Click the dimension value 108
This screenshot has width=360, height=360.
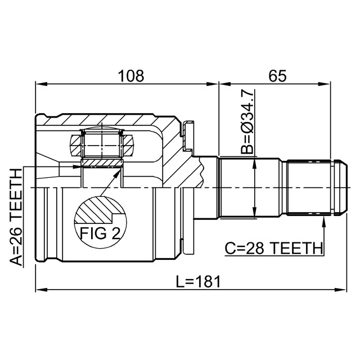click(131, 76)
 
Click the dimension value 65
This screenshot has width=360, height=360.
click(277, 76)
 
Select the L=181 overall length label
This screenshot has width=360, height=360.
click(198, 282)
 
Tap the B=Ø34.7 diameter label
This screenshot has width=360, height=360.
click(247, 121)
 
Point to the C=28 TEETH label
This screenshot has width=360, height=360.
click(273, 248)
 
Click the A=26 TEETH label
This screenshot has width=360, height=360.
click(16, 217)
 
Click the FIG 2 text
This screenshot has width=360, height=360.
click(100, 233)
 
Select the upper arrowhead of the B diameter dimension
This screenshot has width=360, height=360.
click(254, 163)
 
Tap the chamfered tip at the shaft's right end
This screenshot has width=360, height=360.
click(343, 188)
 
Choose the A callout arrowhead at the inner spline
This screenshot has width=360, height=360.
click(77, 166)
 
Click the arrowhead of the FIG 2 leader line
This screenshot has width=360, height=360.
click(118, 173)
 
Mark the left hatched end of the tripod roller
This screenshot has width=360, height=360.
click(75, 146)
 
